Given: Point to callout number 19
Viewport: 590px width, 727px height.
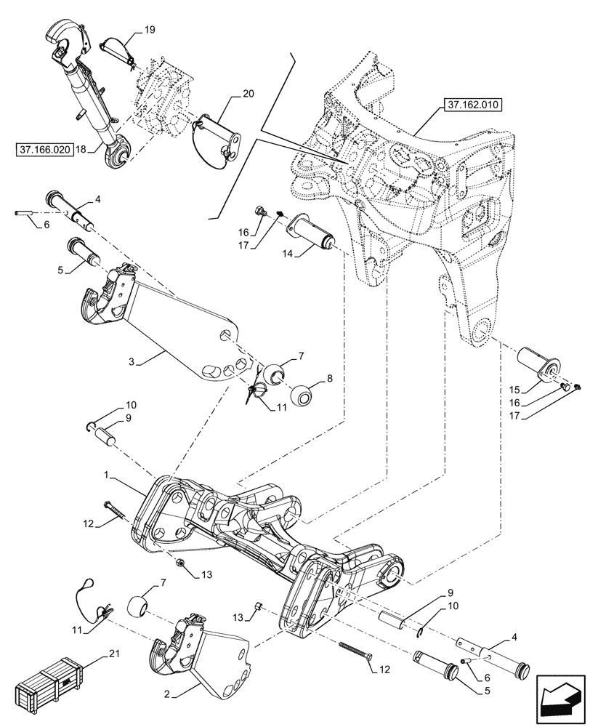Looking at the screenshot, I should pyautogui.click(x=149, y=31).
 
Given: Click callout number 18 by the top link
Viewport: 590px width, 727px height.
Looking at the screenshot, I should pyautogui.click(x=81, y=148).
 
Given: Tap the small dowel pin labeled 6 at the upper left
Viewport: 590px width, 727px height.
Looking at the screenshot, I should pyautogui.click(x=22, y=213).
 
